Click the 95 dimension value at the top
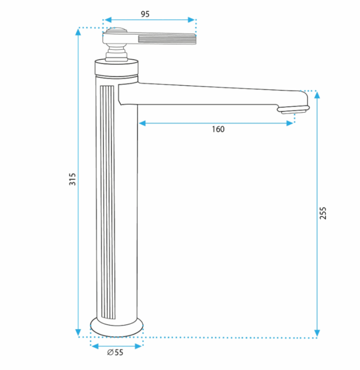[x=145, y=14]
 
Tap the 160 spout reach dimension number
[x=218, y=130]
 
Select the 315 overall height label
[x=73, y=179]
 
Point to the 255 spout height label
[x=323, y=213]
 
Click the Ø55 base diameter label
[x=115, y=352]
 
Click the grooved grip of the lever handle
[x=167, y=39]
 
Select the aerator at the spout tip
[x=293, y=110]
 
